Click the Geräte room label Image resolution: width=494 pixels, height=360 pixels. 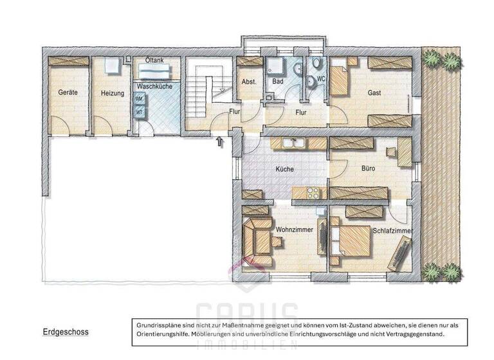[68, 93]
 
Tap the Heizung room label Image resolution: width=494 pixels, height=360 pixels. [112, 93]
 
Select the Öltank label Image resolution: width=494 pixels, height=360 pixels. [154, 60]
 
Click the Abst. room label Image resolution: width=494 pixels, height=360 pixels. [249, 82]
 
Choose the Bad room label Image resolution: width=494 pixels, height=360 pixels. [278, 82]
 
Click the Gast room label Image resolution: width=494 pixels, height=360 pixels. [374, 93]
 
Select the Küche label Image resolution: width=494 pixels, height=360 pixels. [284, 169]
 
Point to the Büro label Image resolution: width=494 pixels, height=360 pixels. [369, 168]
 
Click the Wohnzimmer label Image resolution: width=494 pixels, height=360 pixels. [294, 229]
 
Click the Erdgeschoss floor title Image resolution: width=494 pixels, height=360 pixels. [66, 332]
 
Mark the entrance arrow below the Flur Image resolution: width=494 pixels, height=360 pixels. [221, 139]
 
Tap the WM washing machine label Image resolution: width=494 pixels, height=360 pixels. [139, 99]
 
